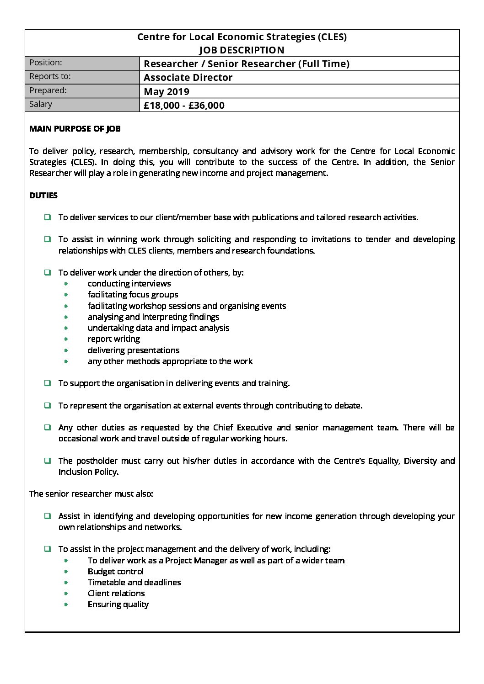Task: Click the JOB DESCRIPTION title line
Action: [x=242, y=50]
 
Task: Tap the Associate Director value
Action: [x=188, y=78]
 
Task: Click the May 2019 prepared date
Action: [x=167, y=91]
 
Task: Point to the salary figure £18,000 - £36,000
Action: [x=184, y=106]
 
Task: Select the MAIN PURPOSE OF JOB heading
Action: [x=75, y=129]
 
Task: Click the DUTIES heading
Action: [x=43, y=196]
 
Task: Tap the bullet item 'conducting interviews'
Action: [x=129, y=284]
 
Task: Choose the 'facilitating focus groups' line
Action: [x=133, y=295]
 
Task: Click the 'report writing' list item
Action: [x=114, y=339]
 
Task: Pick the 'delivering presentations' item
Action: [x=134, y=350]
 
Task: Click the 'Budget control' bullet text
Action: [x=116, y=572]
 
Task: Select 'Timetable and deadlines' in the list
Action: [x=134, y=583]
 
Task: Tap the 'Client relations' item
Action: [x=116, y=594]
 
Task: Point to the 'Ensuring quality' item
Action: [x=118, y=604]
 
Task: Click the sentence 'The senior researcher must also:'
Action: [x=91, y=494]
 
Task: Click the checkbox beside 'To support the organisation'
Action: [x=48, y=383]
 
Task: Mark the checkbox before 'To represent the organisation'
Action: [x=48, y=405]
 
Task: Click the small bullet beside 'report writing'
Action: [x=66, y=339]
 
